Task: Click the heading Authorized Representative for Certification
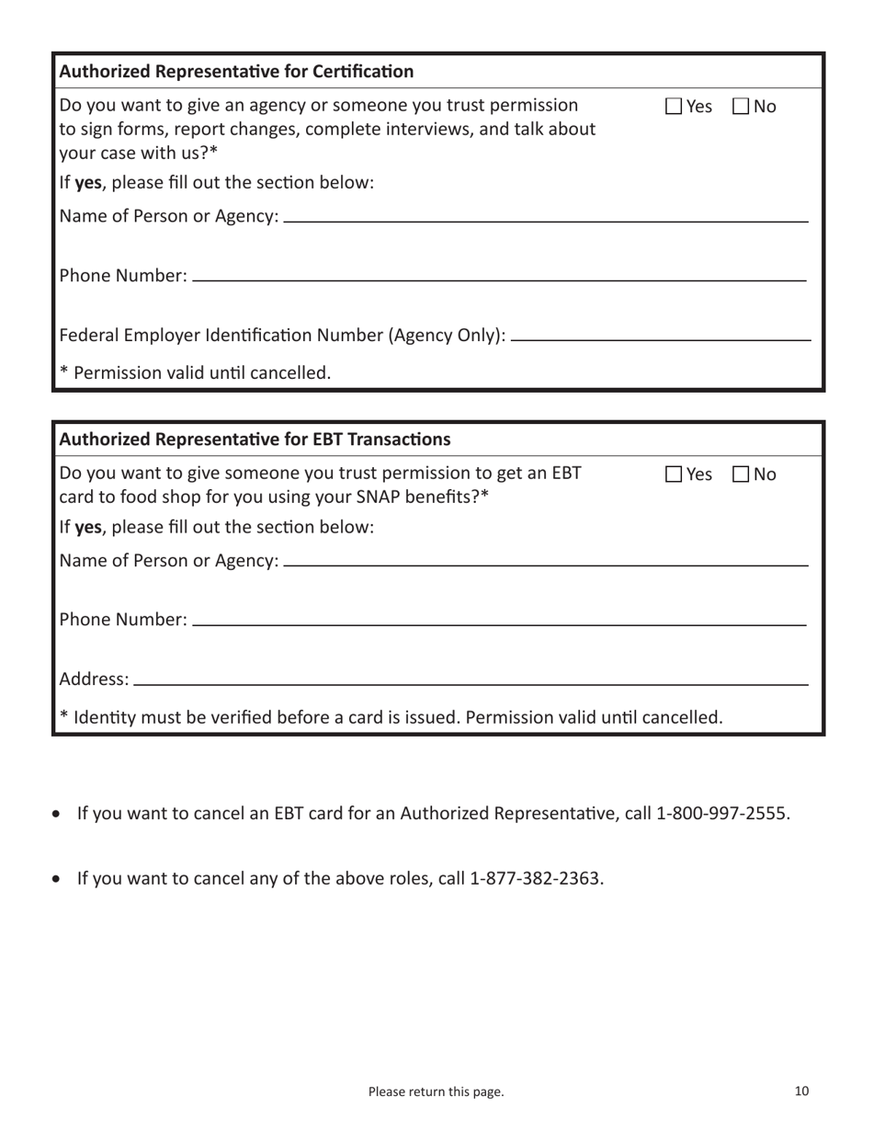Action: click(x=236, y=71)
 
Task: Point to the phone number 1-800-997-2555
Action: click(x=722, y=814)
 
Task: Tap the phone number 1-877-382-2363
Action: click(x=537, y=878)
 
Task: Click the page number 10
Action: click(x=801, y=1091)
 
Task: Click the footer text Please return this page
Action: click(x=436, y=1092)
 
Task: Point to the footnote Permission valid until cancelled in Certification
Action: click(x=194, y=373)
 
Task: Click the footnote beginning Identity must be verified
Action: click(x=391, y=715)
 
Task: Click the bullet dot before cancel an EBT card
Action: click(x=60, y=815)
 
